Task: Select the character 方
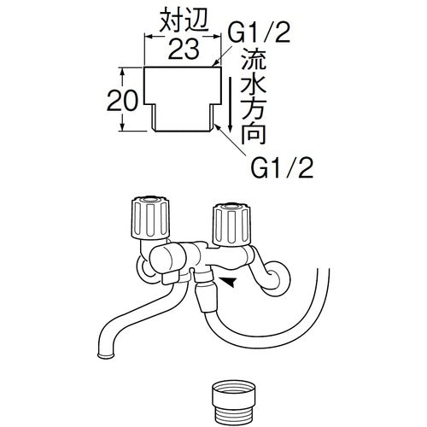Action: click(x=253, y=108)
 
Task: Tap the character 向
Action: click(x=253, y=132)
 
